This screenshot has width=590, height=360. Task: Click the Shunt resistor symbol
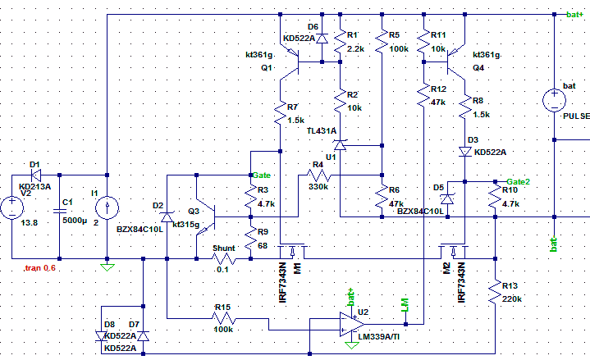pos(224,259)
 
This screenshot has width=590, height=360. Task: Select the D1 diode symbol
pos(36,175)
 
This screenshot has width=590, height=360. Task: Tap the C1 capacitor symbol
pos(59,211)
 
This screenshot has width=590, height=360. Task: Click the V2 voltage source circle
pos(12,207)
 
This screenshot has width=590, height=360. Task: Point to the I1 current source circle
pos(107,207)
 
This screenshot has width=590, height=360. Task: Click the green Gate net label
pos(262,175)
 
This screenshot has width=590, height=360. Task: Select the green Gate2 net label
pos(518,182)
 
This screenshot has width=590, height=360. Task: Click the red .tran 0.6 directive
pos(39,268)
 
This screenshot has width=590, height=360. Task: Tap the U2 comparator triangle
pos(352,324)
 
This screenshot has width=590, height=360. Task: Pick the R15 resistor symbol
pos(224,319)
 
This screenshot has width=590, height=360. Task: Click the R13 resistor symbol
pos(495,292)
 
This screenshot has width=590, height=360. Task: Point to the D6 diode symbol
pos(322,39)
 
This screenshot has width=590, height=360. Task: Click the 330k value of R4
pos(318,187)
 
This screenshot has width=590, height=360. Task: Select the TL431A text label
pos(322,131)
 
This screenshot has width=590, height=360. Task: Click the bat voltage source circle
pos(554,100)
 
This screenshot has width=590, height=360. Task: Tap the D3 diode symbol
pos(465,152)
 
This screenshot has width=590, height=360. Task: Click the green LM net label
pos(405,305)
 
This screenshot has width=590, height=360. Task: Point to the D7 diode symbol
pos(143,336)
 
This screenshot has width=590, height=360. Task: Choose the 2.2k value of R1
pos(355,49)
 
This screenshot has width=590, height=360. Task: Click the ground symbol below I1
pos(107,267)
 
